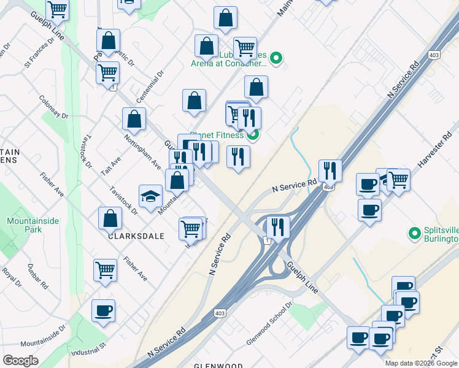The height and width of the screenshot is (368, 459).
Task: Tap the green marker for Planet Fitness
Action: [x=253, y=136]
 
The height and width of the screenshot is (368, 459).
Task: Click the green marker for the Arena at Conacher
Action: [x=276, y=59]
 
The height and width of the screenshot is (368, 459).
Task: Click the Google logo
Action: [x=20, y=361]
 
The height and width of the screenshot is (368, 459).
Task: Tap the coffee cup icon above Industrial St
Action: [x=103, y=310]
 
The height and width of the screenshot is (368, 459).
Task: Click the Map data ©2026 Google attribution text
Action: [x=421, y=363]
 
